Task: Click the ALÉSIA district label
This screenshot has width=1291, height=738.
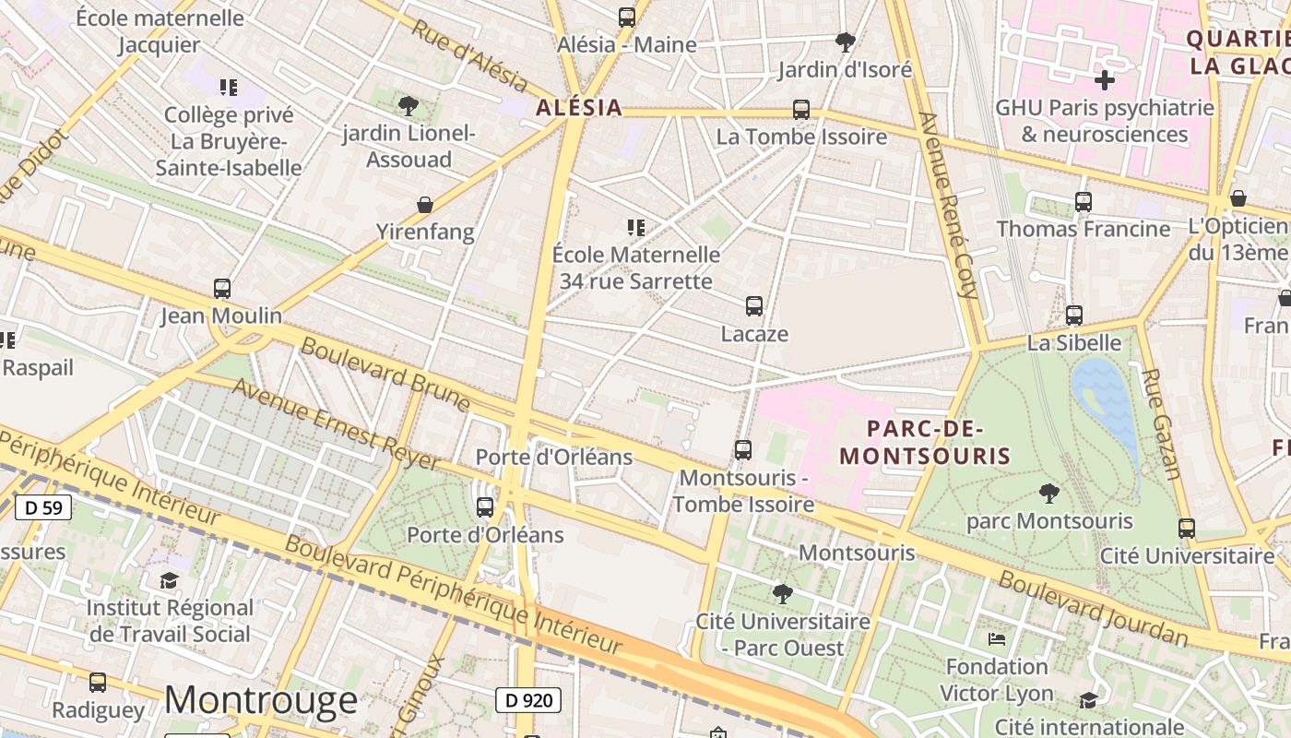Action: click(579, 108)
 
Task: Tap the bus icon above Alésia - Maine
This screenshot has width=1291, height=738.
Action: click(627, 17)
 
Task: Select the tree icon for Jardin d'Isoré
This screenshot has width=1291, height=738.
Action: click(845, 42)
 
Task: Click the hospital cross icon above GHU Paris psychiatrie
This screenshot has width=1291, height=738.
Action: click(1104, 80)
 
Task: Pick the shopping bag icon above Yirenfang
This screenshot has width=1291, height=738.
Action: click(425, 204)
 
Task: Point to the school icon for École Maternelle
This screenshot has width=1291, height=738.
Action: click(635, 227)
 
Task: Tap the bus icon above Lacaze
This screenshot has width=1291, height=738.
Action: click(754, 306)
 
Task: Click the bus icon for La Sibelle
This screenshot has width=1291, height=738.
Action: click(1074, 315)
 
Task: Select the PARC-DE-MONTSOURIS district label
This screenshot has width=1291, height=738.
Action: click(925, 442)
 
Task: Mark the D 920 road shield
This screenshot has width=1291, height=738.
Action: click(530, 700)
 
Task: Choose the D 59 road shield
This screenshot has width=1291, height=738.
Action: click(43, 506)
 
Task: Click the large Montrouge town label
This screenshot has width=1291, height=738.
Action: click(261, 700)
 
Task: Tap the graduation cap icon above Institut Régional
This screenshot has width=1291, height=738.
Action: click(169, 580)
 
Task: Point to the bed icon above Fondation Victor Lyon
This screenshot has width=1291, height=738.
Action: click(997, 638)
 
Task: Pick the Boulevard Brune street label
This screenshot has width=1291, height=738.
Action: click(385, 374)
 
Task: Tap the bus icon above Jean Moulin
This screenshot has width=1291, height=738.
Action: click(222, 289)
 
